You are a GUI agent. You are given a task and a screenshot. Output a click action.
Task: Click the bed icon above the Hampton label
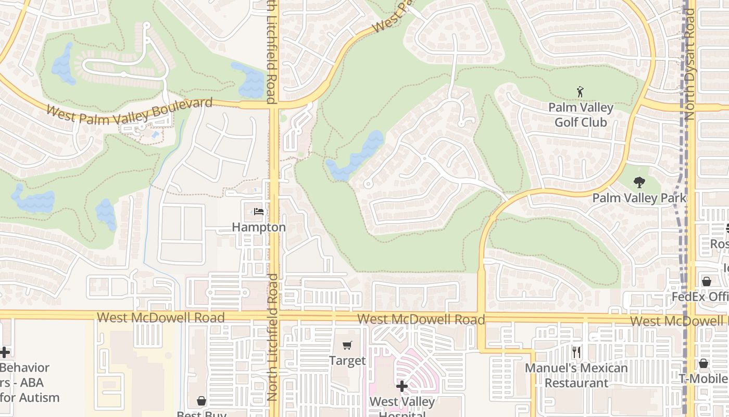[x=258, y=212]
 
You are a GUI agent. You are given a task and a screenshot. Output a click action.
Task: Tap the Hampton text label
[x=259, y=227]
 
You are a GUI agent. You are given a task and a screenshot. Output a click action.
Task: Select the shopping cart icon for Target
[x=347, y=345]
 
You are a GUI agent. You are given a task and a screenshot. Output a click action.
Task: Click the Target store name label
[x=347, y=361]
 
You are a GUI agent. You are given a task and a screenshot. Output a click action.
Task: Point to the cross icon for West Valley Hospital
[x=402, y=386]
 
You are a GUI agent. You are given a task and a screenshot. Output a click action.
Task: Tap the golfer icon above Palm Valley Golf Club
[x=581, y=92]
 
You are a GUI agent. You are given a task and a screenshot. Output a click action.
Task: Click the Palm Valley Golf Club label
[x=581, y=115]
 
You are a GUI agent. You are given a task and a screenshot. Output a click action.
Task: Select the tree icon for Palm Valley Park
[x=639, y=182]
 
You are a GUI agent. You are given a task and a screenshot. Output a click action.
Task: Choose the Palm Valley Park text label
[x=639, y=198]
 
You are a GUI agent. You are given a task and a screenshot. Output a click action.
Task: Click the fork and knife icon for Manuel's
[x=576, y=352]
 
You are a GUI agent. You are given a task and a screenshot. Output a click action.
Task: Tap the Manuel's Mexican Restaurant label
[x=576, y=375]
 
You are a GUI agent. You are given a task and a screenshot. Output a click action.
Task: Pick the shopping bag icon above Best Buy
[x=202, y=401]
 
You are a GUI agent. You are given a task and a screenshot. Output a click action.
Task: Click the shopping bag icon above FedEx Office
[x=707, y=281]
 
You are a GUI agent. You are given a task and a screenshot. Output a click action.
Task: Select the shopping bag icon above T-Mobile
[x=703, y=363]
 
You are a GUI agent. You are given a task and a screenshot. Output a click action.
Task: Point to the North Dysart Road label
[x=690, y=65]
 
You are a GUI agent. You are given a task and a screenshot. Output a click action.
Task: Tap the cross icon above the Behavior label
[x=5, y=352]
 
